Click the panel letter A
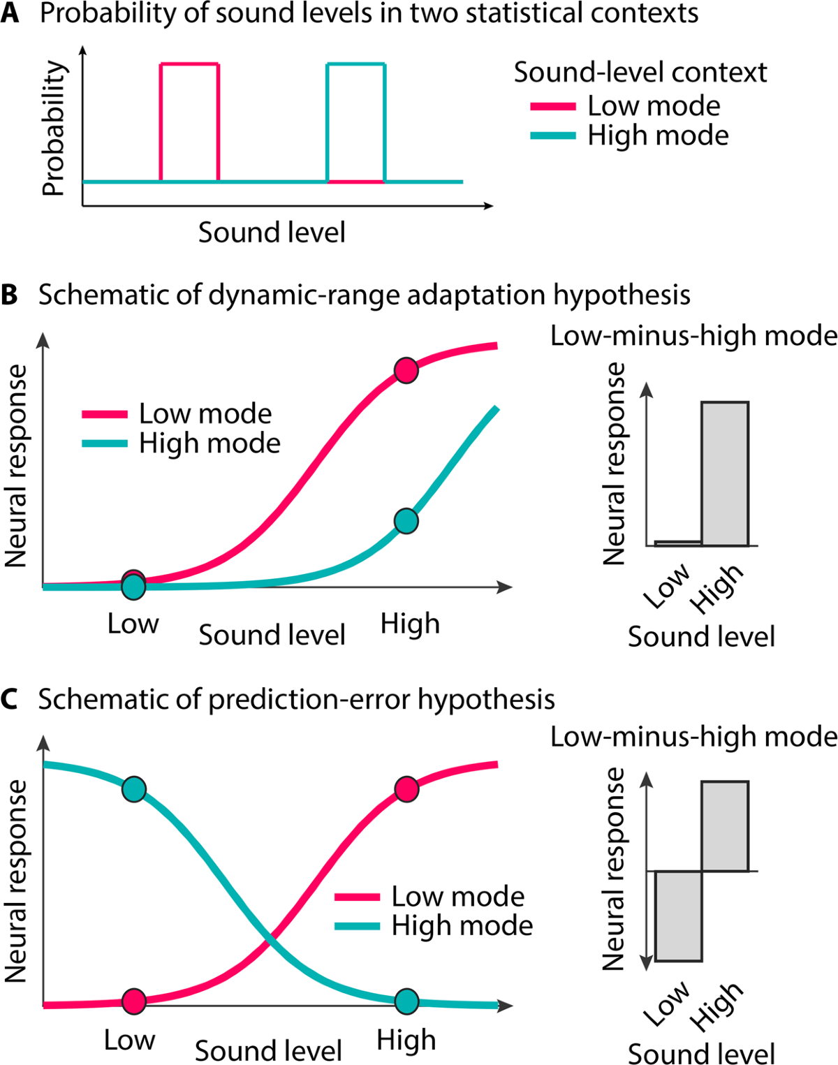point(10,13)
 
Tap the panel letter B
point(10,295)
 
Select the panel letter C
point(10,699)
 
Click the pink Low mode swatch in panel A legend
point(553,107)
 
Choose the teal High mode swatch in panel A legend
point(553,136)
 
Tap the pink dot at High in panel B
point(406,370)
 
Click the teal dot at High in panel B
point(406,521)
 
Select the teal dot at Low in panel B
point(133,587)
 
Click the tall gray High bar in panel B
point(725,473)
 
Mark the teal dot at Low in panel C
point(133,789)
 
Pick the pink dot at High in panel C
point(406,789)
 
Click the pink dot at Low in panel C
point(133,1001)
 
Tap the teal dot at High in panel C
point(406,1001)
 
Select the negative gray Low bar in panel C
point(678,916)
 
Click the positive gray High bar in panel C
point(725,826)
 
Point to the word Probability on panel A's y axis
point(54,128)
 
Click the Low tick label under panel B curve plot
point(133,624)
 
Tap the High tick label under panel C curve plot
point(406,1040)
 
